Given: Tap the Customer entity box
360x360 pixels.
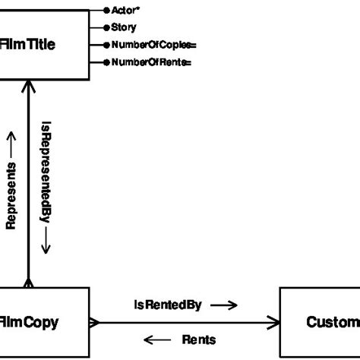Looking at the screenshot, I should (x=320, y=322).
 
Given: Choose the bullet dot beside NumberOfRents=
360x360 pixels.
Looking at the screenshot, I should (x=106, y=62).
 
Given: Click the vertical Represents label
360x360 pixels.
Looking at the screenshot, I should (x=11, y=194).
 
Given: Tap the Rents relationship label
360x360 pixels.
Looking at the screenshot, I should (x=199, y=339).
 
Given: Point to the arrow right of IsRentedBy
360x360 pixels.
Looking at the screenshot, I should (x=224, y=305).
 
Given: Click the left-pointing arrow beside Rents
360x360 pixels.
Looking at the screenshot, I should (x=157, y=339).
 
